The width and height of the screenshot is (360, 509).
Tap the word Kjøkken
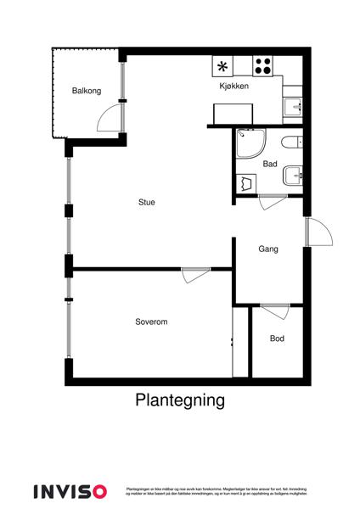(233, 87)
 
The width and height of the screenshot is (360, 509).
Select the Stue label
(149, 202)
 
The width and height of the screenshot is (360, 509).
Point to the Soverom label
(150, 322)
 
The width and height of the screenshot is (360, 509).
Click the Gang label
(268, 249)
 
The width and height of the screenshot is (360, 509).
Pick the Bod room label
(278, 338)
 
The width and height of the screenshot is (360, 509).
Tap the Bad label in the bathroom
(270, 164)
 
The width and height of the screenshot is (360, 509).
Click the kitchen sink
(292, 106)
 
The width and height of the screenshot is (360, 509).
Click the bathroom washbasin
(293, 174)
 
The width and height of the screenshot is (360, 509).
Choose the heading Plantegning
(179, 400)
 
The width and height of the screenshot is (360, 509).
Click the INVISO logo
(70, 490)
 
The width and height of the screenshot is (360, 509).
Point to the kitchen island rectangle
(233, 114)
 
